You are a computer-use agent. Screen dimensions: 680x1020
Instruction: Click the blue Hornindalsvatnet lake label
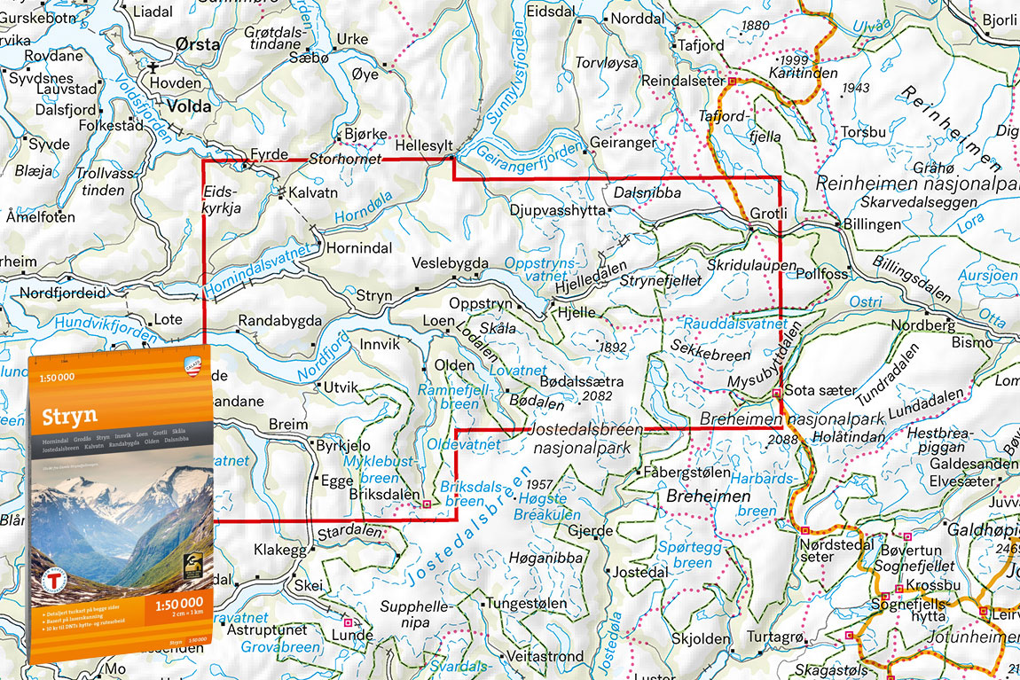point(258,270)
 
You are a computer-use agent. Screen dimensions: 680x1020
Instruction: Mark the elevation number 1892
point(613,347)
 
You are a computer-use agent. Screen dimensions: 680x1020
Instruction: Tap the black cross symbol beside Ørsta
point(154,66)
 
